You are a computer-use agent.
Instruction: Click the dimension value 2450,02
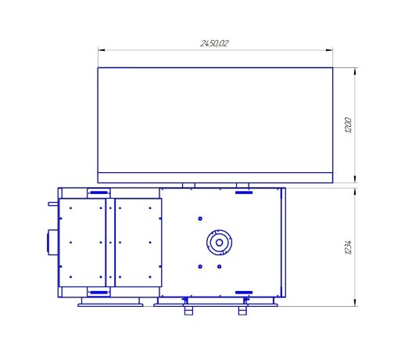point(214,43)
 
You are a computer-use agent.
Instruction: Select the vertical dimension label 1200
point(348,125)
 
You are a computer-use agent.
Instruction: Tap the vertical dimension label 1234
point(348,247)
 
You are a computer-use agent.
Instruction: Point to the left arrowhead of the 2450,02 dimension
point(102,50)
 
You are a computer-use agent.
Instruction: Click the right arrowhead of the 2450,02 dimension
point(329,50)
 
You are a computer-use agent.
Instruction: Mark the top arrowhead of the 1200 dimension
point(355,71)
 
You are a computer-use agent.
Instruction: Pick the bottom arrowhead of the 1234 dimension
point(355,303)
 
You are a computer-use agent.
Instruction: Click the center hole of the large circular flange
point(220,243)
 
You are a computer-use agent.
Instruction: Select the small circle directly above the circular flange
point(200,218)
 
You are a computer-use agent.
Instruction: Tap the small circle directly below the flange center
point(220,267)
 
